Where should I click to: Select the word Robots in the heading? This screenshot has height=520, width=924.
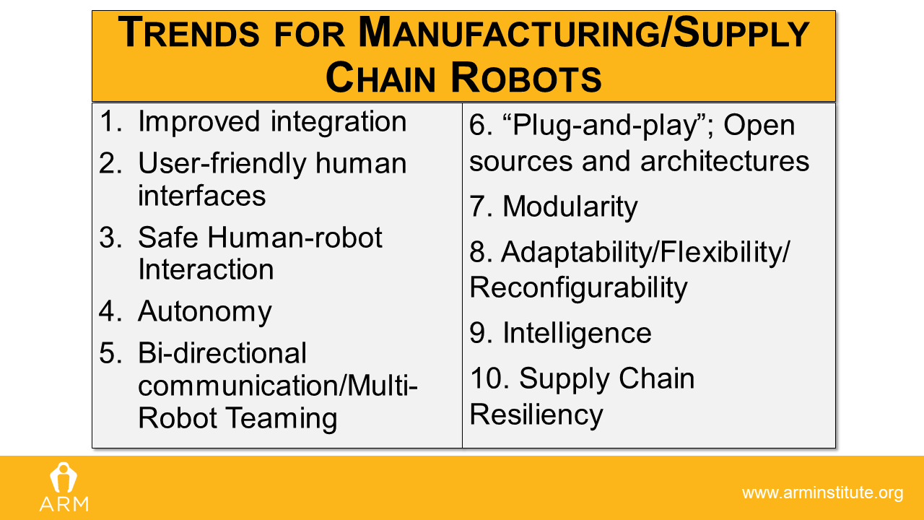[526, 78]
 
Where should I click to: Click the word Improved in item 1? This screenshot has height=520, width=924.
[199, 123]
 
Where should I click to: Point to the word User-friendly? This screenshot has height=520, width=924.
[222, 164]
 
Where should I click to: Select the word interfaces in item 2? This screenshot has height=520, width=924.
[201, 196]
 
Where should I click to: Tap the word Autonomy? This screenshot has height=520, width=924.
[204, 312]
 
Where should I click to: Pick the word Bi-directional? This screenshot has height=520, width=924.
[222, 353]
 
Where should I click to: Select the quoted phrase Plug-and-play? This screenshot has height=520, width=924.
[606, 126]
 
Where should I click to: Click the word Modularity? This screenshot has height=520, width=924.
[570, 207]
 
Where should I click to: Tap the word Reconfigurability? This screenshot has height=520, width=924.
[578, 288]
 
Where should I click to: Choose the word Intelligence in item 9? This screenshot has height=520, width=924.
[577, 334]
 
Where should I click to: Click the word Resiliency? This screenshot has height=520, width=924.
[536, 415]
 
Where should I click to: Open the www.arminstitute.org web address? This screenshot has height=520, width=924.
[822, 493]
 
